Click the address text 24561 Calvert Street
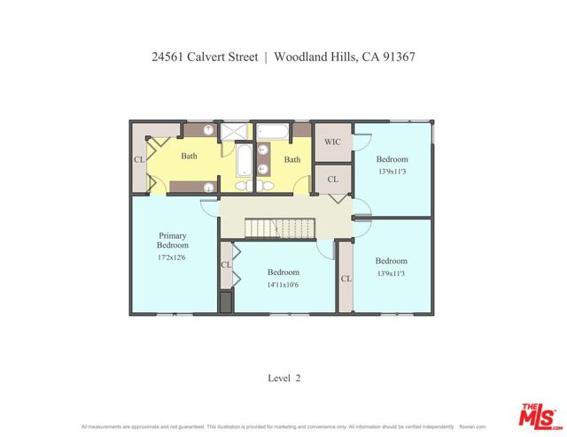205,57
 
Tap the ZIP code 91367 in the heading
398,57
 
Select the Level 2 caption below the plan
284,378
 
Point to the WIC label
333,142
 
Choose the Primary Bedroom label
173,240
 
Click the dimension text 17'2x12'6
173,257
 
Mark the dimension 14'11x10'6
283,285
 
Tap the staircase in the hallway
279,228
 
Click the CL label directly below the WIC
332,180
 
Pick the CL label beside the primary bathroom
139,160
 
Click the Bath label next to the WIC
291,160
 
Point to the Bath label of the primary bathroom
190,157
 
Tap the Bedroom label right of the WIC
392,159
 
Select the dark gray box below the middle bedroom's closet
226,302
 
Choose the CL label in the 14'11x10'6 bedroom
226,264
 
